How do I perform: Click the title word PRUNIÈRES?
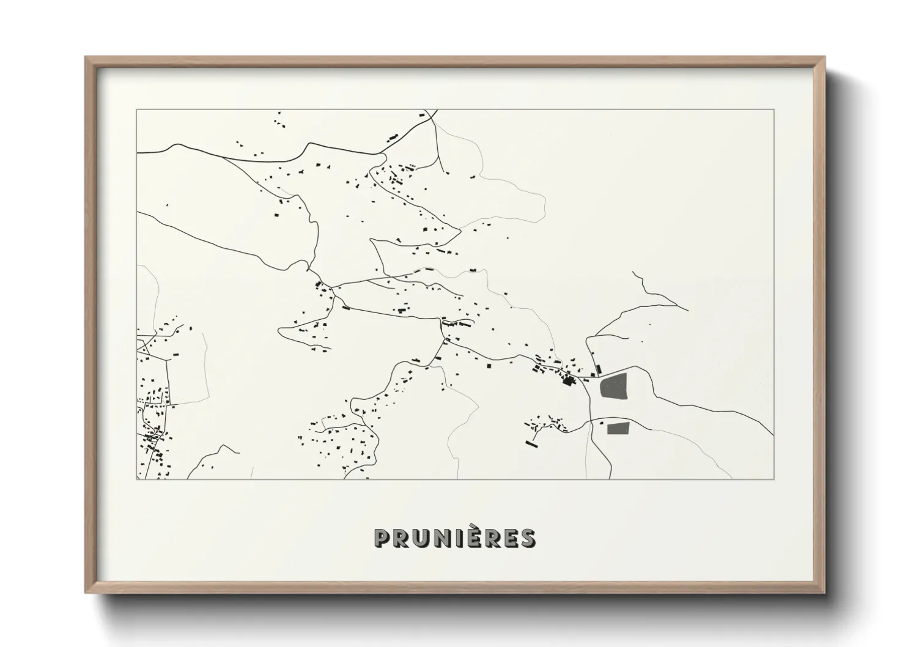[x=455, y=538]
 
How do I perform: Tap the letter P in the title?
[x=383, y=538]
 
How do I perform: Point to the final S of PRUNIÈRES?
[x=527, y=538]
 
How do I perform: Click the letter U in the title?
[x=421, y=538]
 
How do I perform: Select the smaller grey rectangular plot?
[x=618, y=428]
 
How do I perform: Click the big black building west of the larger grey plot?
[x=569, y=382]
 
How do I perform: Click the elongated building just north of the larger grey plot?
[x=599, y=369]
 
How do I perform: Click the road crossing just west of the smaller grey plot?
[x=591, y=421]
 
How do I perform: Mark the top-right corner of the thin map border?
[x=774, y=109]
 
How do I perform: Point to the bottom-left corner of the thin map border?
[x=136, y=479]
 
